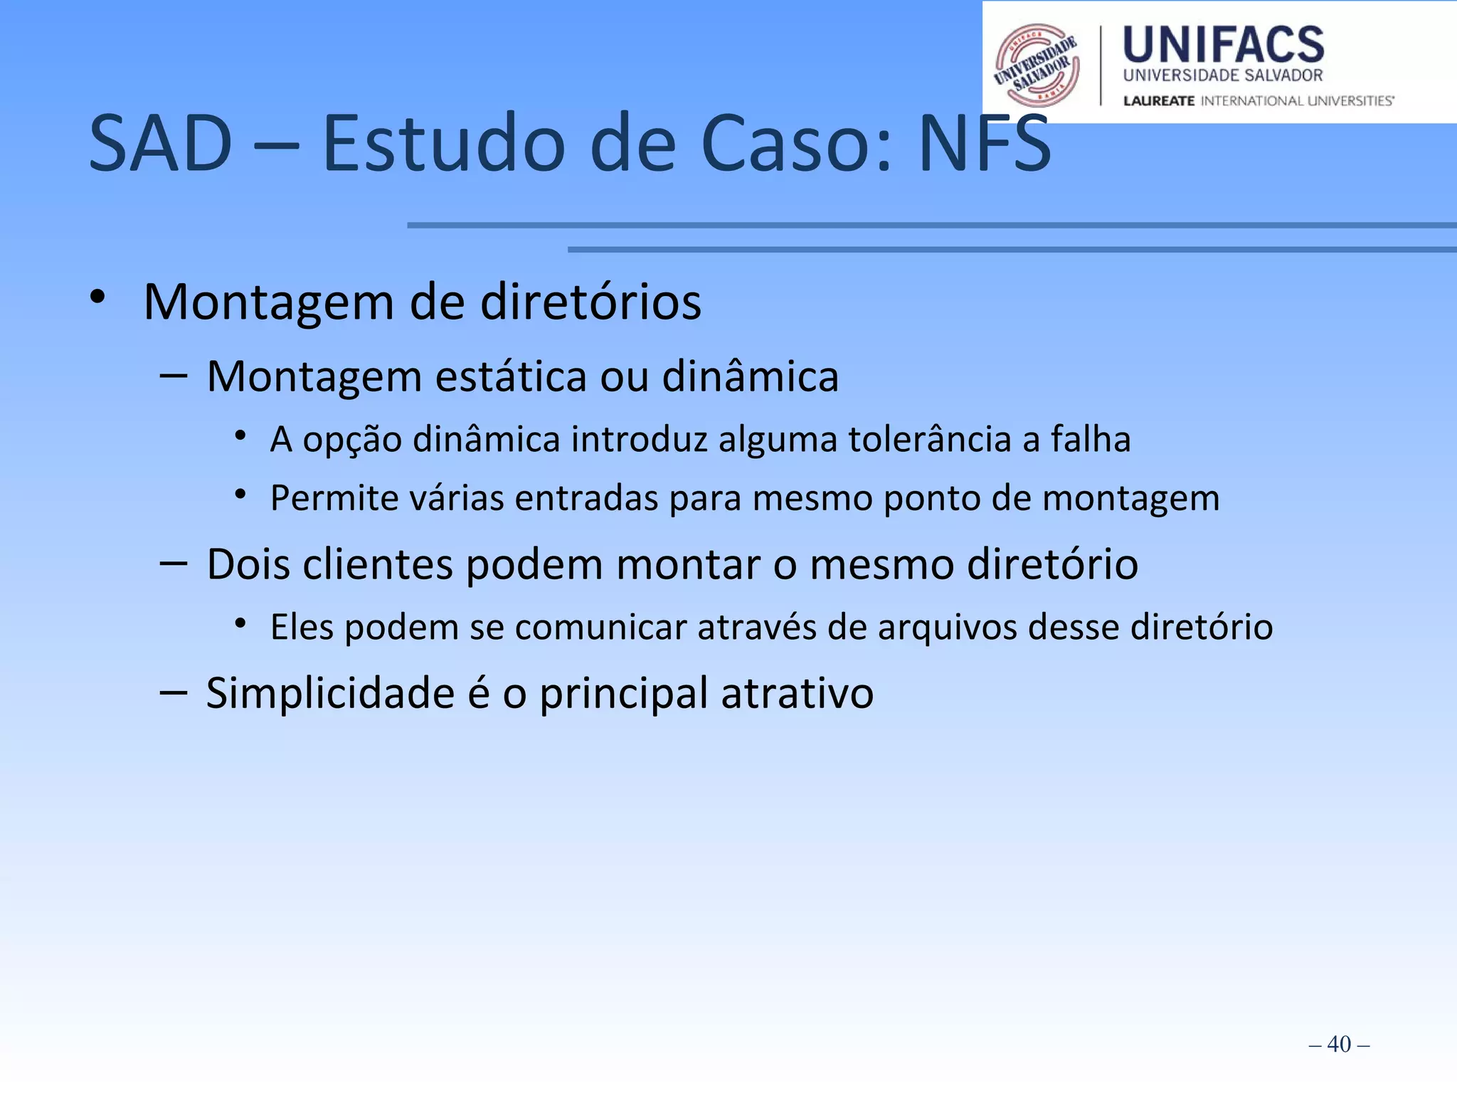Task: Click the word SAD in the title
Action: (161, 144)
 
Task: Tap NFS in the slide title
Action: (985, 144)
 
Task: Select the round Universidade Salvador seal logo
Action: (1037, 65)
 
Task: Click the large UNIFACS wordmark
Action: (1223, 45)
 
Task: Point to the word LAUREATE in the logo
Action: (1158, 101)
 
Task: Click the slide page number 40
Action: (1339, 1044)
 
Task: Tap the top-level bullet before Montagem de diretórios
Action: (98, 297)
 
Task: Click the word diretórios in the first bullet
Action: (590, 302)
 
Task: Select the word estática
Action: (511, 376)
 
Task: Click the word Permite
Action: (334, 498)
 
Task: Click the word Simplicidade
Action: (330, 694)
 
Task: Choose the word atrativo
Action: (797, 694)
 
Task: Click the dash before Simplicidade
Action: (174, 692)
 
